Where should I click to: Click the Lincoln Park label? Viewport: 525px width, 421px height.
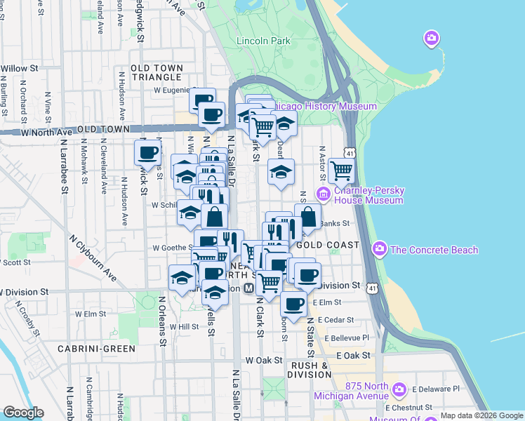pyautogui.click(x=263, y=41)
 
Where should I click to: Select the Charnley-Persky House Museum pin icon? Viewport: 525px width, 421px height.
pyautogui.click(x=324, y=194)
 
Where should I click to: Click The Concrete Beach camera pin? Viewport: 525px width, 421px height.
pyautogui.click(x=380, y=248)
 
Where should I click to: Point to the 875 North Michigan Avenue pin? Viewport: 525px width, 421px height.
pyautogui.click(x=399, y=389)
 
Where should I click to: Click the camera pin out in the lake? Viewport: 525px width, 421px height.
pyautogui.click(x=432, y=37)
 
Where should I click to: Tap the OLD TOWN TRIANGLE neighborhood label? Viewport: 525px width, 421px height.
pyautogui.click(x=157, y=72)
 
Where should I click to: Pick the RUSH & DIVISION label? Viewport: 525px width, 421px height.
pyautogui.click(x=310, y=370)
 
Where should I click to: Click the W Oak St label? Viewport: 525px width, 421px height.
pyautogui.click(x=263, y=360)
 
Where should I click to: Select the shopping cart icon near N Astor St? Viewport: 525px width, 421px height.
pyautogui.click(x=341, y=171)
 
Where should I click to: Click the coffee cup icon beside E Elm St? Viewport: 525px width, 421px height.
pyautogui.click(x=293, y=305)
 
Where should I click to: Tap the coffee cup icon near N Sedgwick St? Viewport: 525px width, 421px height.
pyautogui.click(x=147, y=152)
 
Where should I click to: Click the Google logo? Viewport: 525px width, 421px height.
pyautogui.click(x=23, y=413)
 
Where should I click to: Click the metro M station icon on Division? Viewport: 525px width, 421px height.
pyautogui.click(x=248, y=289)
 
